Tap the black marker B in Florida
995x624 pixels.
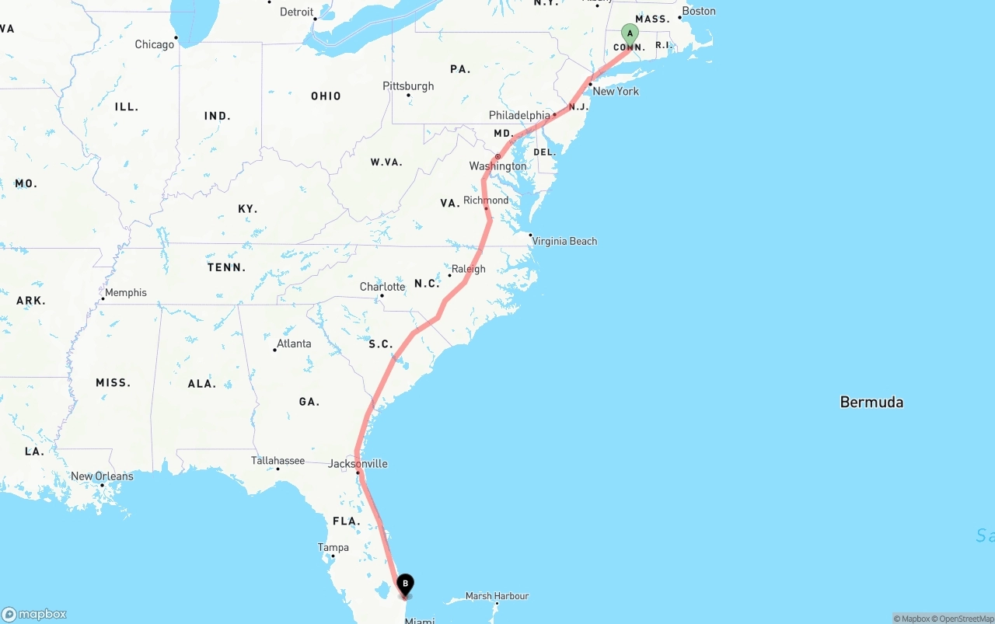(x=405, y=584)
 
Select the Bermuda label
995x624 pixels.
(x=871, y=402)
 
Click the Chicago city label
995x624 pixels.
(x=155, y=44)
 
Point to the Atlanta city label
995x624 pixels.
(x=294, y=343)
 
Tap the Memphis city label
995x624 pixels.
(x=126, y=292)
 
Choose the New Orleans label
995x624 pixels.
(x=102, y=476)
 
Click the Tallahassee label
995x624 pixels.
(x=278, y=461)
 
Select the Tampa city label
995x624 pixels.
(x=333, y=547)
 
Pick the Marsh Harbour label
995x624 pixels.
(x=497, y=596)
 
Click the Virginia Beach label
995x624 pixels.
(x=565, y=241)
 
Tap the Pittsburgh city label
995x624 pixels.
(x=408, y=85)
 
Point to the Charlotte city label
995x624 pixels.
(x=382, y=287)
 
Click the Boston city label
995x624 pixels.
(x=699, y=11)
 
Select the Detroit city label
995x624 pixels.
(x=296, y=12)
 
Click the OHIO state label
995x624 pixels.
(x=326, y=96)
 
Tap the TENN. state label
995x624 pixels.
(x=226, y=267)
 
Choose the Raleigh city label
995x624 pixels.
(x=468, y=269)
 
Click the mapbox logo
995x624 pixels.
(x=34, y=614)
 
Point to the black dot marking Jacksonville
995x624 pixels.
(x=358, y=472)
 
